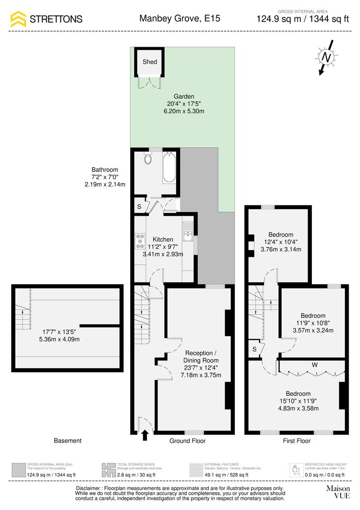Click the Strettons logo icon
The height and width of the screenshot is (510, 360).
point(18,19)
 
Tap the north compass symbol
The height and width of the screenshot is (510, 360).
point(326,57)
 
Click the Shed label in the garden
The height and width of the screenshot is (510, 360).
point(150,62)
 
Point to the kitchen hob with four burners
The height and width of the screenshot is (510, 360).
point(140,241)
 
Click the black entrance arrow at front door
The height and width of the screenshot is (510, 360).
point(145,435)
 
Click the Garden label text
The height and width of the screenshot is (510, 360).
point(184,96)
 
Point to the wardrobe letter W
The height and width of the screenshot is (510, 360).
point(313,365)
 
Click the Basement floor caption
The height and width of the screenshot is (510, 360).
point(67,441)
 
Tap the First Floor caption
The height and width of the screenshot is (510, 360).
point(296,441)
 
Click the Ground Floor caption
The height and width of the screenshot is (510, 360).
point(187,441)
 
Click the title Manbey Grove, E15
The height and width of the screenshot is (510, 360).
point(180,19)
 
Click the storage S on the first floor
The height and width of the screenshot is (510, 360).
point(254,349)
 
